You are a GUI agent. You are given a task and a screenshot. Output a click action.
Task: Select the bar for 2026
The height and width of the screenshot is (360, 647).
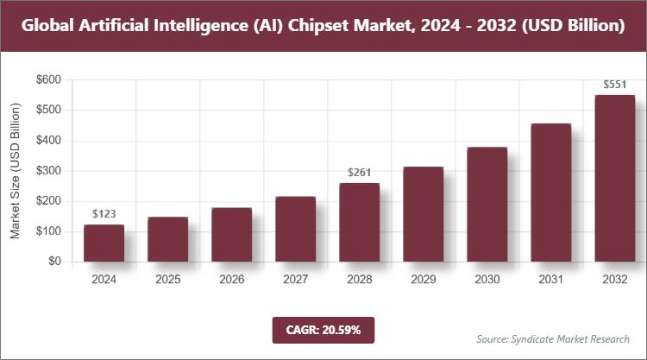tap(231, 234)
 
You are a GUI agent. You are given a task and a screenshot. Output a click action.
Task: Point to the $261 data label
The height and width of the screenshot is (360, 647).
tap(359, 173)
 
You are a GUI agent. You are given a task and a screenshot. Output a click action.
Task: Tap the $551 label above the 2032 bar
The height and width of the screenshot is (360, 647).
tap(614, 85)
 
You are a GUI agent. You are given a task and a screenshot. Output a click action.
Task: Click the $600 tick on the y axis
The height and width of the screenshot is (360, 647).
tap(48, 80)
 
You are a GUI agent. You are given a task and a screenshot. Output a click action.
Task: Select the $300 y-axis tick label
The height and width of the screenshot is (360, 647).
tap(48, 171)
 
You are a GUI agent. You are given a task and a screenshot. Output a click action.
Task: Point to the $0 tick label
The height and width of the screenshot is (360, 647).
tap(54, 262)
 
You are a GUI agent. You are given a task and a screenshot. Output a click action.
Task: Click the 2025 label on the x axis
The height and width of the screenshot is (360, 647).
tap(167, 280)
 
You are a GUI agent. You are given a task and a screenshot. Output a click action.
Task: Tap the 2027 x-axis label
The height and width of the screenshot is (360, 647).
tap(295, 280)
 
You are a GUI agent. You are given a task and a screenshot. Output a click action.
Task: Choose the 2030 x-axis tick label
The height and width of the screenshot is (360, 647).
tap(487, 280)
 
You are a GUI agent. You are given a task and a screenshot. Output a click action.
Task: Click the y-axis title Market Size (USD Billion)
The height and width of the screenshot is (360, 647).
tap(15, 171)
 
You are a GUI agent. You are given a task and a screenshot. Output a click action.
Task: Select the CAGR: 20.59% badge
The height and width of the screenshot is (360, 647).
tap(323, 329)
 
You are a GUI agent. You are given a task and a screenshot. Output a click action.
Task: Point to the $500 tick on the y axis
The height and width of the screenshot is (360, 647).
tap(48, 111)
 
